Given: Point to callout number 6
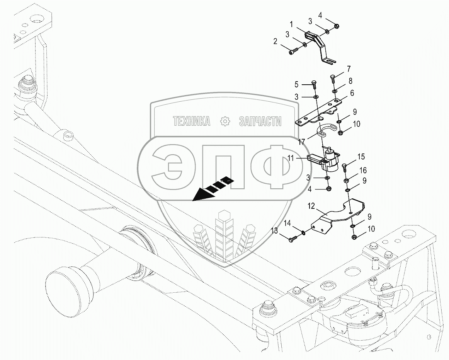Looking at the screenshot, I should (x=352, y=93).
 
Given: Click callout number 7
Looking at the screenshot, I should (x=349, y=69).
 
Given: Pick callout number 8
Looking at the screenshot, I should (x=350, y=81).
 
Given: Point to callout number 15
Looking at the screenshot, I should (x=361, y=157).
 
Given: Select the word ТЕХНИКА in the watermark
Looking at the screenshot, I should (x=192, y=122).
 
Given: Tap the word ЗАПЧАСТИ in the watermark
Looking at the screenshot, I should (x=260, y=122).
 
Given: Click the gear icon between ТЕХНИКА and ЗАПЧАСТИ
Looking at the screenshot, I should (x=224, y=122).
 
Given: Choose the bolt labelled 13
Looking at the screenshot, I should (x=292, y=239).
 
